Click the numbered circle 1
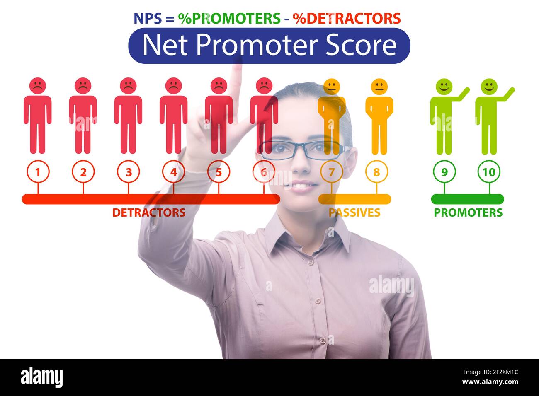38,172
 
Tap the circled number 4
173,172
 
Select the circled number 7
331,172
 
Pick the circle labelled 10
489,172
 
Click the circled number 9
444,172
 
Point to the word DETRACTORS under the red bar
148,212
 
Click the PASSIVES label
354,212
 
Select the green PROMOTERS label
468,212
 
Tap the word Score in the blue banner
361,45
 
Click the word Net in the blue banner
165,45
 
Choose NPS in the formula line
147,18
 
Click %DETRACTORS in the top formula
347,18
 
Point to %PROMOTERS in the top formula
229,18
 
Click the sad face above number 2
83,86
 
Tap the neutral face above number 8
379,86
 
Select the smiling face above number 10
489,86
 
